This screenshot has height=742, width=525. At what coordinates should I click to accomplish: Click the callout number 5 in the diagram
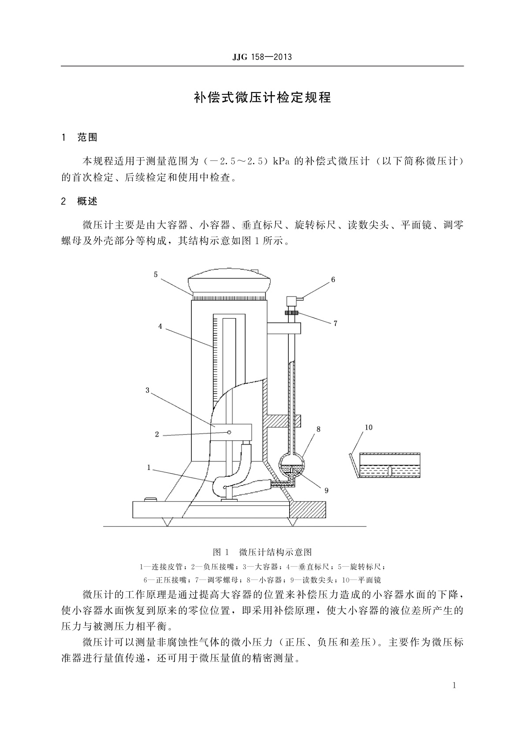tap(156, 274)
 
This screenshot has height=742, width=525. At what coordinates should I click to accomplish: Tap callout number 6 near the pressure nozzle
tap(333, 280)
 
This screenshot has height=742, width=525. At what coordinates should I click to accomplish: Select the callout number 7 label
tap(335, 323)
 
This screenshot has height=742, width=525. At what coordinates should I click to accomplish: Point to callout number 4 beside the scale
tap(160, 326)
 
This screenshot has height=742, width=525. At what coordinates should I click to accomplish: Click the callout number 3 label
tap(148, 390)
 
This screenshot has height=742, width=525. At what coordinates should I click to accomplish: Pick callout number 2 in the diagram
tap(157, 434)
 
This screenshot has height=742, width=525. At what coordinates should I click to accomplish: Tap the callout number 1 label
tap(149, 467)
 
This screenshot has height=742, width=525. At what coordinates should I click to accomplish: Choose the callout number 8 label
tap(319, 429)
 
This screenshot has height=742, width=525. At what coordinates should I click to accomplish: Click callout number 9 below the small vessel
tap(327, 490)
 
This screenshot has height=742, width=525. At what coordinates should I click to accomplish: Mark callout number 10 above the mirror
tap(369, 428)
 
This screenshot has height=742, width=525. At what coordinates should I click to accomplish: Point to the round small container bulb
tap(290, 465)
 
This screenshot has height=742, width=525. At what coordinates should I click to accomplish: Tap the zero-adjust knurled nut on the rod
tap(291, 313)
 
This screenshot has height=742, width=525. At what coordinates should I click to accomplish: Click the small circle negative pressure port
tap(229, 432)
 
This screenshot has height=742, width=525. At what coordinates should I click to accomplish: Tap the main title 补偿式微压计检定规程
tap(262, 98)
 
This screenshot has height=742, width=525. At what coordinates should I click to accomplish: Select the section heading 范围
tap(87, 137)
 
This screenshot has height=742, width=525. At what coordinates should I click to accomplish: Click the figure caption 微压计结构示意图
tap(276, 552)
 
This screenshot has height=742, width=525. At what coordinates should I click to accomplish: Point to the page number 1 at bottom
tap(454, 685)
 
